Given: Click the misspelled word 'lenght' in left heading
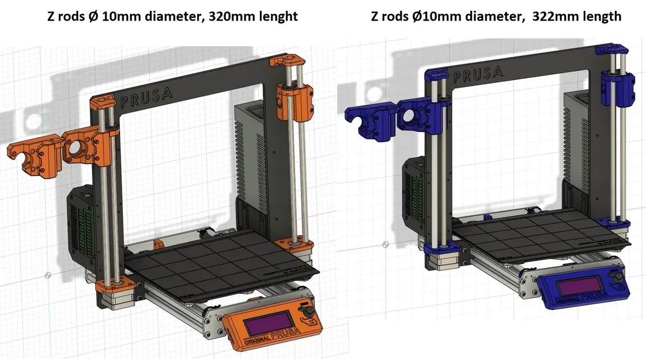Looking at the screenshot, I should point(277,16).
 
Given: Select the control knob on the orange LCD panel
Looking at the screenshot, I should point(307,312).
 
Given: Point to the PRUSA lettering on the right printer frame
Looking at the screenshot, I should point(478,74).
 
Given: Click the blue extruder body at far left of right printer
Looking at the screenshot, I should point(369,120).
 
